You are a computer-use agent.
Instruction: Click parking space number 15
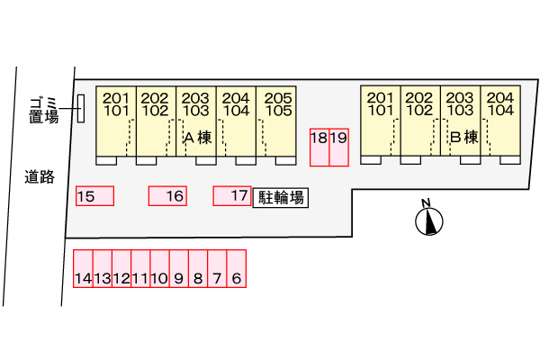click(94, 196)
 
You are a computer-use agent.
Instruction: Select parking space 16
click(167, 196)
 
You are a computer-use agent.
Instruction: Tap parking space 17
click(231, 195)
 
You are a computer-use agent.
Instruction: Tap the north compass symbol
click(430, 220)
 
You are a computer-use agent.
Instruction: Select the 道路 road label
click(40, 177)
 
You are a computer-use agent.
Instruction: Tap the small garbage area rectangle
click(81, 109)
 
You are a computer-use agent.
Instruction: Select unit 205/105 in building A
click(278, 122)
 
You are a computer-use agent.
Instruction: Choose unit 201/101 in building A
click(116, 122)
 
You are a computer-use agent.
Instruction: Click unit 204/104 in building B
click(499, 122)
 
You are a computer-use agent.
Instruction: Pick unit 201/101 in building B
click(381, 122)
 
